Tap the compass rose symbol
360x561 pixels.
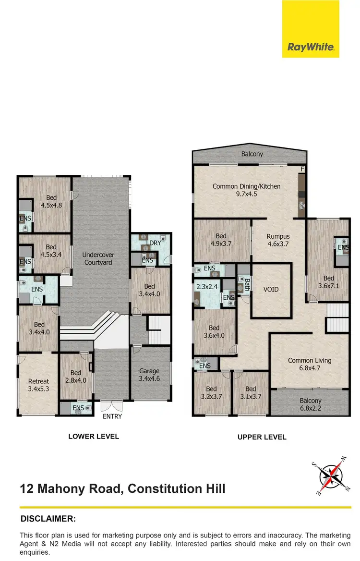tap(332, 476)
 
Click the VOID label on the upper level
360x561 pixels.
tap(271, 290)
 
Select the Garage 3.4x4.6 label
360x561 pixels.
tap(149, 375)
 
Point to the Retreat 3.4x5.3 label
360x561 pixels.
tap(38, 385)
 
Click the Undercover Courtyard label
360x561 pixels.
tap(97, 258)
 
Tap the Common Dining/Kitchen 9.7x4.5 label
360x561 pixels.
tap(246, 190)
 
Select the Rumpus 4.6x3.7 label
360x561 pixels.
tap(278, 240)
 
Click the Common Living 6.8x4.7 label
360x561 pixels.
tap(310, 364)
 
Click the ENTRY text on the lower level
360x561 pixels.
tap(112, 416)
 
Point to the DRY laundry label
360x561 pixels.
tap(155, 243)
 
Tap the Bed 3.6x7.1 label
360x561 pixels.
tap(329, 282)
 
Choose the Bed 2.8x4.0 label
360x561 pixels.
tap(76, 377)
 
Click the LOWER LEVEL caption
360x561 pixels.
tap(94, 437)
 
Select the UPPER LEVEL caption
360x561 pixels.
tap(262, 437)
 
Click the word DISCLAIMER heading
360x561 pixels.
tap(48, 519)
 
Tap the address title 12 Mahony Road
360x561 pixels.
tap(122, 489)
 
